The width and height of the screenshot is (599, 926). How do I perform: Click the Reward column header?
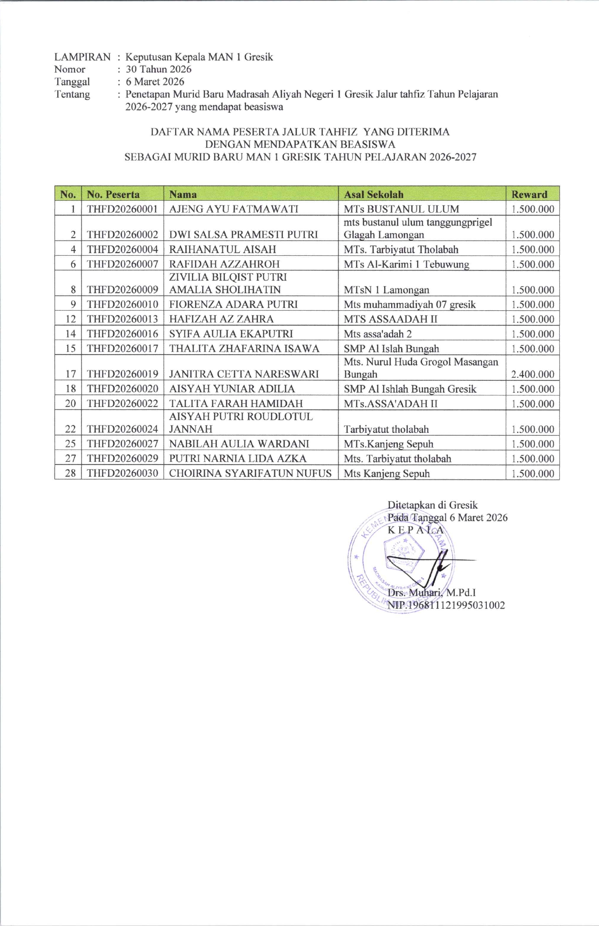pos(529,194)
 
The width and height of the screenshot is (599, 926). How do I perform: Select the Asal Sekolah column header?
pos(374,194)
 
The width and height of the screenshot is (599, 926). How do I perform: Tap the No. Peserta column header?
pos(113,194)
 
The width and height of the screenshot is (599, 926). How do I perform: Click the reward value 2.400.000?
pos(533,374)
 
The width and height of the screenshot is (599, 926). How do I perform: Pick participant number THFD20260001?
pos(122,209)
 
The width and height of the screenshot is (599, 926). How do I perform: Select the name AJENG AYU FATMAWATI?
pos(233,209)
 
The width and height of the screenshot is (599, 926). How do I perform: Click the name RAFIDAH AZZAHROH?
pos(224,264)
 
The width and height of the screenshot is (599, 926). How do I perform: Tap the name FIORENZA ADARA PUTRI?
pos(233,304)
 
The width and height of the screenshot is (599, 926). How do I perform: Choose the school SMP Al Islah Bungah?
pos(391,349)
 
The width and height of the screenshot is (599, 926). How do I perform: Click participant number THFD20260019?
pos(122,374)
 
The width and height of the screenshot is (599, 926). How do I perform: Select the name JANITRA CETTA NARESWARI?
pos(244,374)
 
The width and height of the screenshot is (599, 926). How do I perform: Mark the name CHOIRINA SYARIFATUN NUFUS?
pos(250,473)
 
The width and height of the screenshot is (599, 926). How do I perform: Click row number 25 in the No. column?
pos(71,444)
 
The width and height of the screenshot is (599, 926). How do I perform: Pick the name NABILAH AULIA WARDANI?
pos(239,444)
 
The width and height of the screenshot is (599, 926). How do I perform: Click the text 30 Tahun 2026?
pos(158,69)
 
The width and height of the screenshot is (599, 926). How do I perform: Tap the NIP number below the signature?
pos(446,605)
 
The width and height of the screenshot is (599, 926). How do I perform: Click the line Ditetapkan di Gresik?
pos(432,505)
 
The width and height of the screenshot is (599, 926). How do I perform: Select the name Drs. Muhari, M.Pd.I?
pos(431,593)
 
